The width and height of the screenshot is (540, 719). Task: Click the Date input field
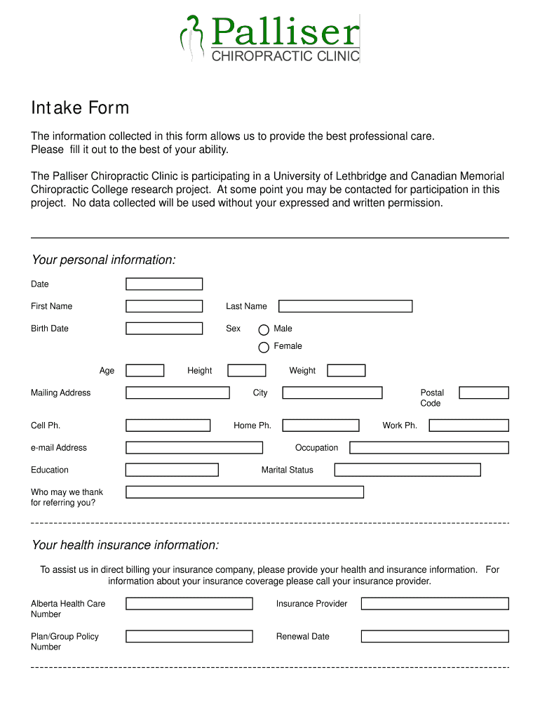[x=164, y=284]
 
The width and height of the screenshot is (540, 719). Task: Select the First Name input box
[x=164, y=306]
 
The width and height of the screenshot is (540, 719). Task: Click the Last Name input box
[x=345, y=306]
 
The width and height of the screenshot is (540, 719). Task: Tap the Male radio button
[x=264, y=329]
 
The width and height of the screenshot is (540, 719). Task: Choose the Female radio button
[x=264, y=347]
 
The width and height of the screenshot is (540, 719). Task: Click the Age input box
[x=144, y=371]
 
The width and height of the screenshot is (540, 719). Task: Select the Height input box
[x=248, y=371]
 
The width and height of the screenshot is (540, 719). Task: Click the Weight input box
[x=346, y=371]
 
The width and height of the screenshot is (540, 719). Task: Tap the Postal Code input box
[x=483, y=393]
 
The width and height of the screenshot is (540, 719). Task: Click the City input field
[x=332, y=393]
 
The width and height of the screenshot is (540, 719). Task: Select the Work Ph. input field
[x=468, y=426]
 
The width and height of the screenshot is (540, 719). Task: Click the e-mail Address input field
[x=194, y=448]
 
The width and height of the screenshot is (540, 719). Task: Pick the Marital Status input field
[x=407, y=470]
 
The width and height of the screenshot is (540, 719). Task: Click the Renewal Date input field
[x=435, y=636]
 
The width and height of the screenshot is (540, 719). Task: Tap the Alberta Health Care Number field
[x=189, y=604]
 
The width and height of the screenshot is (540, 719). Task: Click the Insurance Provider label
[x=311, y=604]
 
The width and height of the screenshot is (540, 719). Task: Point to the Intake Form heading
[x=80, y=108]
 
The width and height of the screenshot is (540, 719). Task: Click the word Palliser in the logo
[x=285, y=32]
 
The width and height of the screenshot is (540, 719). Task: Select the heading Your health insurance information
[x=126, y=546]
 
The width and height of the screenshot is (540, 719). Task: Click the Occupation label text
[x=316, y=448]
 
